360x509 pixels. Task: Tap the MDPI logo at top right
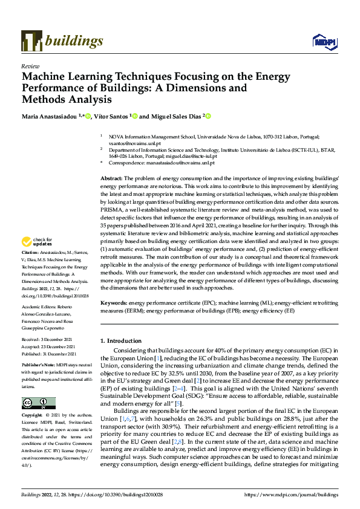click(324, 42)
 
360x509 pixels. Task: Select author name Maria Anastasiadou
click(51, 116)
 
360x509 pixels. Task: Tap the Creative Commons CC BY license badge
click(38, 403)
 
